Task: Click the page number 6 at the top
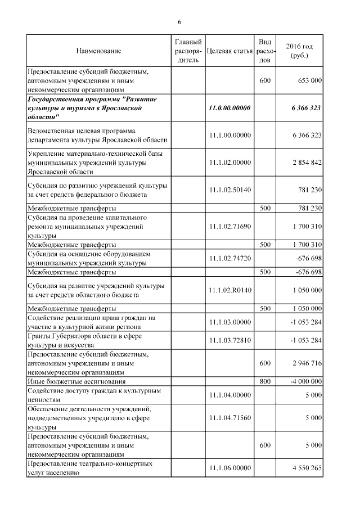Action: point(179,22)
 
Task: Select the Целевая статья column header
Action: point(229,51)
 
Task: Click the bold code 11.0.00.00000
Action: point(229,108)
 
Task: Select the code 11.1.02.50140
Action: point(229,191)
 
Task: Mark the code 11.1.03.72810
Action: point(229,340)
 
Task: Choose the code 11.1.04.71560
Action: point(229,418)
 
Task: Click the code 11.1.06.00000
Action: point(229,468)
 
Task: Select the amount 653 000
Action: point(308,81)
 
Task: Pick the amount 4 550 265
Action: point(306,468)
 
